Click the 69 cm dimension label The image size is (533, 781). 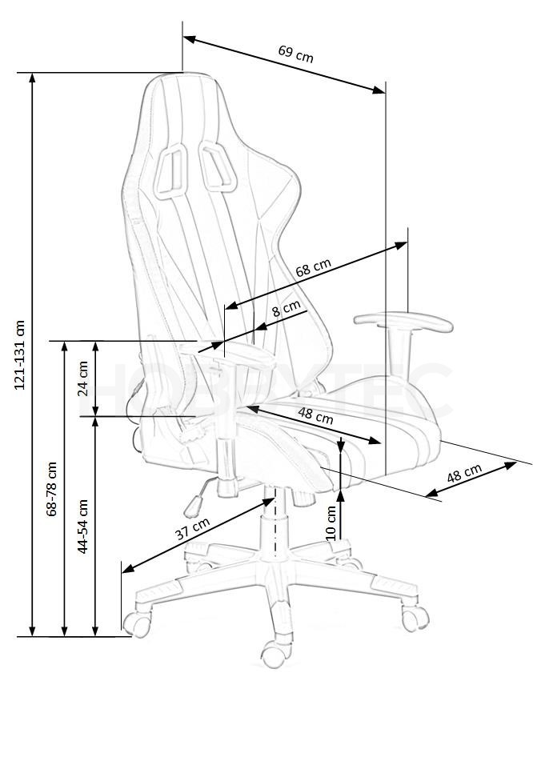point(296,54)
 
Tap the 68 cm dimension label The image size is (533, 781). point(314,267)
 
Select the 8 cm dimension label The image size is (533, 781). point(287,309)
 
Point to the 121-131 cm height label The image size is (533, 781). point(21,354)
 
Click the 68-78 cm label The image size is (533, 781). point(51,489)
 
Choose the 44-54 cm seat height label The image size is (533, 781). point(82,526)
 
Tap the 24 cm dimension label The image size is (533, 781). point(82,378)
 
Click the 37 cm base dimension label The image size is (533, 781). point(193,528)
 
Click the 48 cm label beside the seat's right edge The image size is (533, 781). point(464,473)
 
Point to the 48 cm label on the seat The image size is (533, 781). point(315,415)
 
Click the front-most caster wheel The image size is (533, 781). point(274,653)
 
